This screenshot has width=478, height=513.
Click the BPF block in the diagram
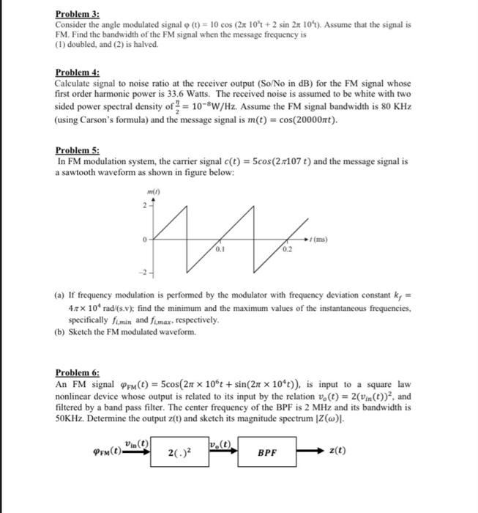click(269, 453)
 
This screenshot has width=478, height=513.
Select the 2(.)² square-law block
click(179, 453)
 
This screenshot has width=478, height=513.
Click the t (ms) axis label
click(318, 239)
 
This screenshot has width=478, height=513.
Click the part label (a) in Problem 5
click(59, 300)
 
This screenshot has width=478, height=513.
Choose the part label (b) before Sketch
click(59, 332)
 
